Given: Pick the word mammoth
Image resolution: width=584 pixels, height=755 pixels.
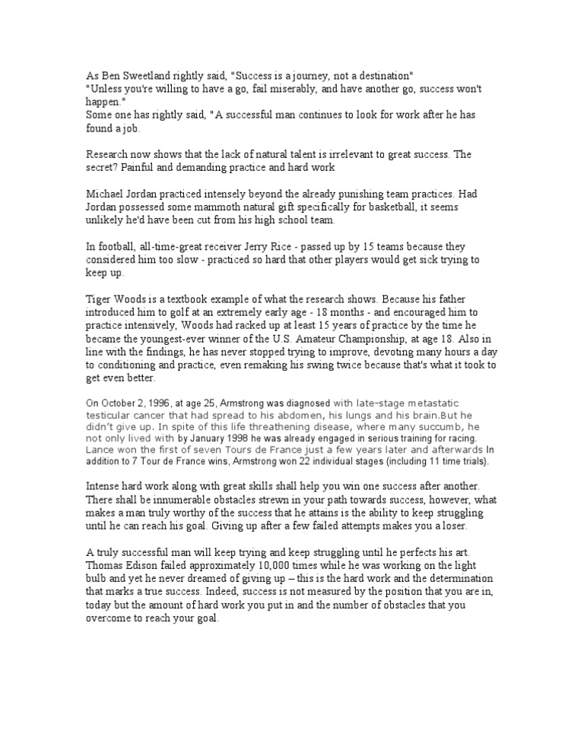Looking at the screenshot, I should (x=214, y=207).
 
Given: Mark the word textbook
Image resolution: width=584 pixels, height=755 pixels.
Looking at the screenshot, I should (x=195, y=300).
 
